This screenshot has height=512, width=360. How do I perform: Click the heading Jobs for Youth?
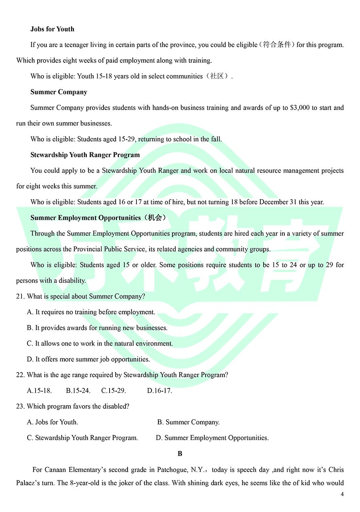[x=52, y=29]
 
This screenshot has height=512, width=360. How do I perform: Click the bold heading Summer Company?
[x=59, y=92]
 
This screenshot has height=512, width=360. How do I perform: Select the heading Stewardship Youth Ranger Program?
[x=85, y=155]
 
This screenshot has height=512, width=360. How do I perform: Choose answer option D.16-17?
[x=160, y=391]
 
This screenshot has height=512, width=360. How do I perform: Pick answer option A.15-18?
[x=39, y=391]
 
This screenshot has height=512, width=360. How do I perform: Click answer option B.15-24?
[x=78, y=391]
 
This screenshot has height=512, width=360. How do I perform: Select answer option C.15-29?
[x=114, y=391]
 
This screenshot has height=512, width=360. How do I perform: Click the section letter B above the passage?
[x=180, y=454]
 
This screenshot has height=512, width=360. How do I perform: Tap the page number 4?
[x=342, y=494]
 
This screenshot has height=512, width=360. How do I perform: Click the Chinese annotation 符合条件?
[x=277, y=45]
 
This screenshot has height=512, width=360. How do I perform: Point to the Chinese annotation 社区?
[x=217, y=76]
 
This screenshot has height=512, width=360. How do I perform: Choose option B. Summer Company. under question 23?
[x=188, y=422]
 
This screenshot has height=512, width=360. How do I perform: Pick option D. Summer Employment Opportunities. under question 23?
[x=212, y=438]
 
